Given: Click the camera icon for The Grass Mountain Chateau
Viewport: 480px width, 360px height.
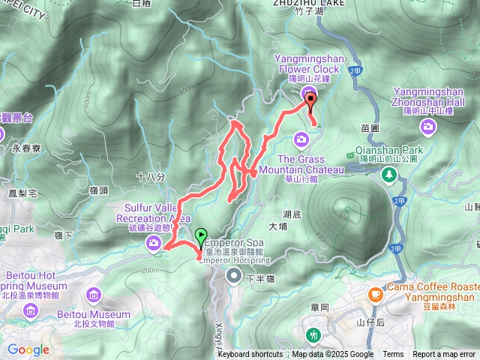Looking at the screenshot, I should pyautogui.click(x=301, y=139).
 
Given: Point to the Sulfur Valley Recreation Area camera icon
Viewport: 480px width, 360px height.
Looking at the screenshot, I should pyautogui.click(x=153, y=241).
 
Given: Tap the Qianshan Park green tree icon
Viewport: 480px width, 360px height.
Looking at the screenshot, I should pyautogui.click(x=388, y=175).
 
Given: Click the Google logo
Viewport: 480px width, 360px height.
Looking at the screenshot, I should pyautogui.click(x=28, y=349).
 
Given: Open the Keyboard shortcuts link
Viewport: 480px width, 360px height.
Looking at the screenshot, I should pyautogui.click(x=250, y=355).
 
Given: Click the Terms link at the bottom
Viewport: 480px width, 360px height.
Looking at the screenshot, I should pyautogui.click(x=393, y=355).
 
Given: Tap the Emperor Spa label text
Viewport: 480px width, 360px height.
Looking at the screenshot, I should pyautogui.click(x=233, y=243).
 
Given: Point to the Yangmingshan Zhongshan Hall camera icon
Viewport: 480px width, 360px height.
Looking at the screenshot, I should pyautogui.click(x=428, y=126).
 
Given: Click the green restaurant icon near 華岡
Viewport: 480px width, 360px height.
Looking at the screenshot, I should pyautogui.click(x=313, y=333).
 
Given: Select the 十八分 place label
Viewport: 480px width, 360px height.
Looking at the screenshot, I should pyautogui.click(x=151, y=176).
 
